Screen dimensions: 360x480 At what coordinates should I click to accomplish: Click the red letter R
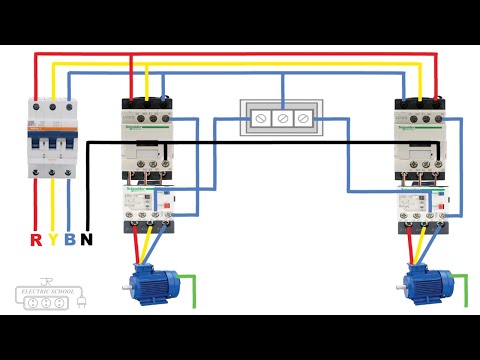coord(36,239)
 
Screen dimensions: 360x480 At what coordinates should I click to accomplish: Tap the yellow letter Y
coord(53,239)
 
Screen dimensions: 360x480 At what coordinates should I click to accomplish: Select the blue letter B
coord(69,239)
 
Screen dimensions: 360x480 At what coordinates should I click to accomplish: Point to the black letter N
coord(87,239)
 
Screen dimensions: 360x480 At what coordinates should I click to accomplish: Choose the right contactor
coord(417,135)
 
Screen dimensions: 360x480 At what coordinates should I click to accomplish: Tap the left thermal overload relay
coord(146,204)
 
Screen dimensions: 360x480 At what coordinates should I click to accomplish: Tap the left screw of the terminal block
coord(262,118)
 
